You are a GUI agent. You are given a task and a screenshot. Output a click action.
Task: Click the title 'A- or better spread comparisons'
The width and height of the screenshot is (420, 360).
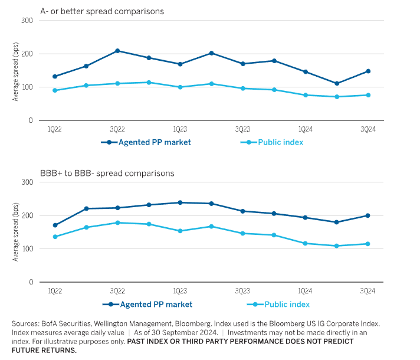point(101,11)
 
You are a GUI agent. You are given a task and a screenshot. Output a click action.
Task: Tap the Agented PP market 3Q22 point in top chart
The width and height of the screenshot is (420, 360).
point(117,51)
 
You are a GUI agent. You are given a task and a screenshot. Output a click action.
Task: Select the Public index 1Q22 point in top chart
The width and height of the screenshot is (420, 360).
point(55,90)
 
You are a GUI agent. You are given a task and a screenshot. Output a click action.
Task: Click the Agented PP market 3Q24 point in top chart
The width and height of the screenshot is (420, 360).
point(368,71)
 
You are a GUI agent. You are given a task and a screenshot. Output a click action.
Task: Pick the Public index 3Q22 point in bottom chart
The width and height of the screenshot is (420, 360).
point(117,222)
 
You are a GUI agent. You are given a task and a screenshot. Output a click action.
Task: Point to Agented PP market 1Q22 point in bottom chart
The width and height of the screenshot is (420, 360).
point(55,225)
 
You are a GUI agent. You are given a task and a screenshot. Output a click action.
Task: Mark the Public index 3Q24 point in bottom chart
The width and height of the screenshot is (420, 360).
point(368,244)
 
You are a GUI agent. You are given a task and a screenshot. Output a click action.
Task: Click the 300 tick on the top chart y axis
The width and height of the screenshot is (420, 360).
point(27,21)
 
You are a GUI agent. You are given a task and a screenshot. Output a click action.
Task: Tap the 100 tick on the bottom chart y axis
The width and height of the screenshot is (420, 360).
point(27,249)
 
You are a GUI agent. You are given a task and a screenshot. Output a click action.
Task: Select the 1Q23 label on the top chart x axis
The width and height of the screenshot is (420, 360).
point(180,129)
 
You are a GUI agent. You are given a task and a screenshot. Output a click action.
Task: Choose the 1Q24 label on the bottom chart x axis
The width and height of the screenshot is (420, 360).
point(305,291)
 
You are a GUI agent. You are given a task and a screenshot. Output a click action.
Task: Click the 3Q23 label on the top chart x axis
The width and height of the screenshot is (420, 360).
point(242,129)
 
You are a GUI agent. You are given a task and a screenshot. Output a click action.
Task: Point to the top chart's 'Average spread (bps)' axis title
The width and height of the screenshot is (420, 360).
point(16,71)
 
